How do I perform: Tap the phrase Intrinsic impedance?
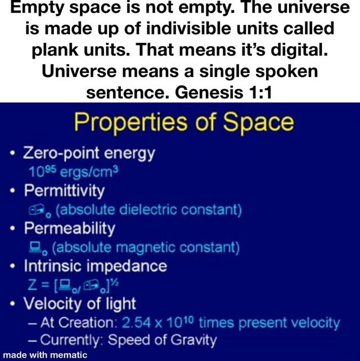coord(94,265)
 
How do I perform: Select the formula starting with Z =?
coord(66,285)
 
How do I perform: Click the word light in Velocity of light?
coord(119,304)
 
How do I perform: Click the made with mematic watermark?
coord(44,355)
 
